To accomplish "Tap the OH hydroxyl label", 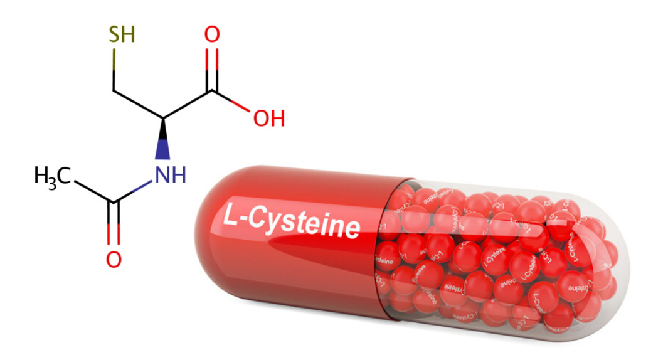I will [269, 117].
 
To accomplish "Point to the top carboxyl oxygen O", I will [213, 34].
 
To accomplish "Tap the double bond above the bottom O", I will [114, 224].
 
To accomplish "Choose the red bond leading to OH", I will [239, 105].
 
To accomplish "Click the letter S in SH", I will [115, 33].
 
